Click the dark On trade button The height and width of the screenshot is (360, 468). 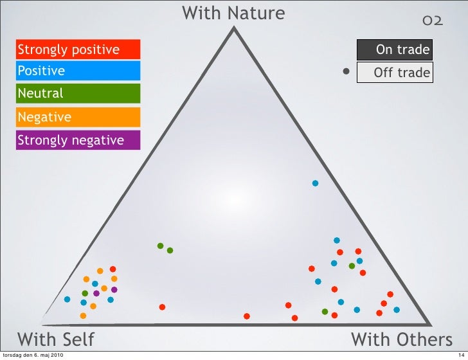(394, 50)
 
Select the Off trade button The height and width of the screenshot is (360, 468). (394, 73)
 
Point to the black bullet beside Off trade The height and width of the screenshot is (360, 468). (346, 72)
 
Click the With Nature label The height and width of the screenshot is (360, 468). (233, 13)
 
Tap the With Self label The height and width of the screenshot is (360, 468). (55, 339)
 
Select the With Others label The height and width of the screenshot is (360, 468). (401, 339)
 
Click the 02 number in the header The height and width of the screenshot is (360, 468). (432, 21)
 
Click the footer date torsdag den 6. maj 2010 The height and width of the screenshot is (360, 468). (33, 355)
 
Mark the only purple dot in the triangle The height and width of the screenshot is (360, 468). (96, 293)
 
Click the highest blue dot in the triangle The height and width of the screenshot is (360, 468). (315, 183)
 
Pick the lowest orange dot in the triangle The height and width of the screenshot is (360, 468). (83, 316)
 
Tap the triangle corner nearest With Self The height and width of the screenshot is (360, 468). (41, 323)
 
